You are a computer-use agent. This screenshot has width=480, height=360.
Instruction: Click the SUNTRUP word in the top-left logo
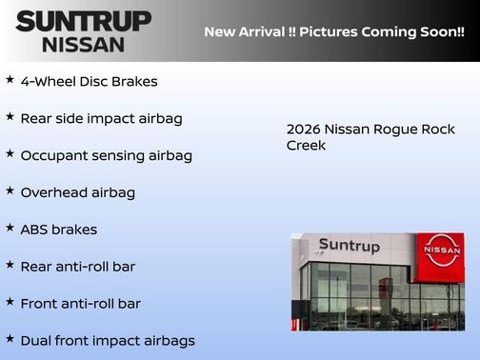coord(83,20)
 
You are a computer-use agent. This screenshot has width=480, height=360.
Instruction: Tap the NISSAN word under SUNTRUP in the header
coord(83,44)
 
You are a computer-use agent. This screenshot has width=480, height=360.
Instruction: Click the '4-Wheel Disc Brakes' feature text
coord(89,81)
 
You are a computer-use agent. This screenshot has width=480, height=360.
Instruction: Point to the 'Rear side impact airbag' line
coord(101,118)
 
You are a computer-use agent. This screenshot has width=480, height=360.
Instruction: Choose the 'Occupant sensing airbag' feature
coord(106,155)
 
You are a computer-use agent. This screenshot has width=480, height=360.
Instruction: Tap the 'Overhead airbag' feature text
coord(77,192)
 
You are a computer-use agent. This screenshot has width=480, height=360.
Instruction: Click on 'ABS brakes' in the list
coord(58,230)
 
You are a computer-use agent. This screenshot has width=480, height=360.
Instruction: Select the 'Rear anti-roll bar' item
coord(77,267)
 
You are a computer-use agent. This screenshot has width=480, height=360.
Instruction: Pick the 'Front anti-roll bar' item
coord(80,304)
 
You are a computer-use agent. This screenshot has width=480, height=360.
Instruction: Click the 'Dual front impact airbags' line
coord(107,341)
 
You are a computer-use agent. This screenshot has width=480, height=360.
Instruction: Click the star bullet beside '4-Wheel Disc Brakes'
coord(10,79)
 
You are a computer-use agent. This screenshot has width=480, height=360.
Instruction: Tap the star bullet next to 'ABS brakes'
coord(10,228)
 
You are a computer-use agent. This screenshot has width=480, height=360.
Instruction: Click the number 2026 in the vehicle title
coord(302,129)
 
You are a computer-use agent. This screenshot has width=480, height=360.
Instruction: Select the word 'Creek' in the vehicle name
coord(306,145)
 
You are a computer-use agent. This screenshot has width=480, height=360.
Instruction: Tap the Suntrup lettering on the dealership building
coord(349,246)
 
